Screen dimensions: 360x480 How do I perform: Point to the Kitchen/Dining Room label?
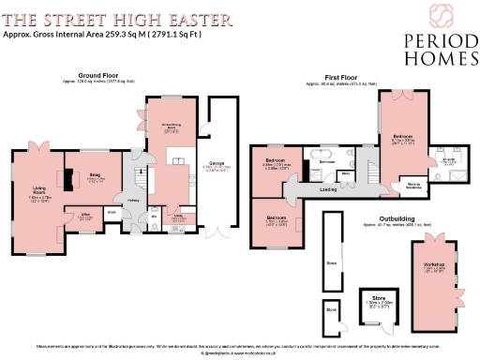171,127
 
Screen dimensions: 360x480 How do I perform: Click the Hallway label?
135,199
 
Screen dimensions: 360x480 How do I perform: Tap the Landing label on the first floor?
328,189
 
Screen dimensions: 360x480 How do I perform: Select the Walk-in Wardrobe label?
413,185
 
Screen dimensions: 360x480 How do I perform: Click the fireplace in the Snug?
69,178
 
